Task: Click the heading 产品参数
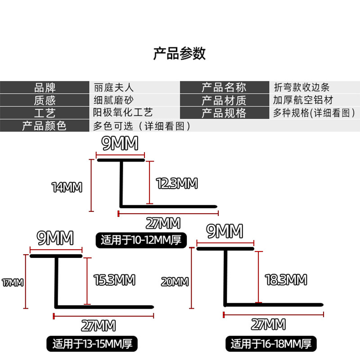point(180,54)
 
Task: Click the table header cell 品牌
point(45,87)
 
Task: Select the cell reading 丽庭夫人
point(113,87)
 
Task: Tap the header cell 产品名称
point(224,87)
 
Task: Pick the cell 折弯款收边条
point(302,87)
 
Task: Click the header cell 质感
point(45,100)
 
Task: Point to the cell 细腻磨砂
point(113,100)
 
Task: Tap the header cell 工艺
point(45,112)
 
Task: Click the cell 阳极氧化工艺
point(123,112)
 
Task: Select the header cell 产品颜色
point(45,126)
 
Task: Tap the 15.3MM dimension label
point(114,280)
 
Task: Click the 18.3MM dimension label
point(286,279)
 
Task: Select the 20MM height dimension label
point(175,282)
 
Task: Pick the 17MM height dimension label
point(12,283)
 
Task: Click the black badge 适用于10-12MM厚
point(141,240)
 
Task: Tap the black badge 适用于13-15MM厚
point(92,345)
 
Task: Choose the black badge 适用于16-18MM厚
point(271,345)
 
